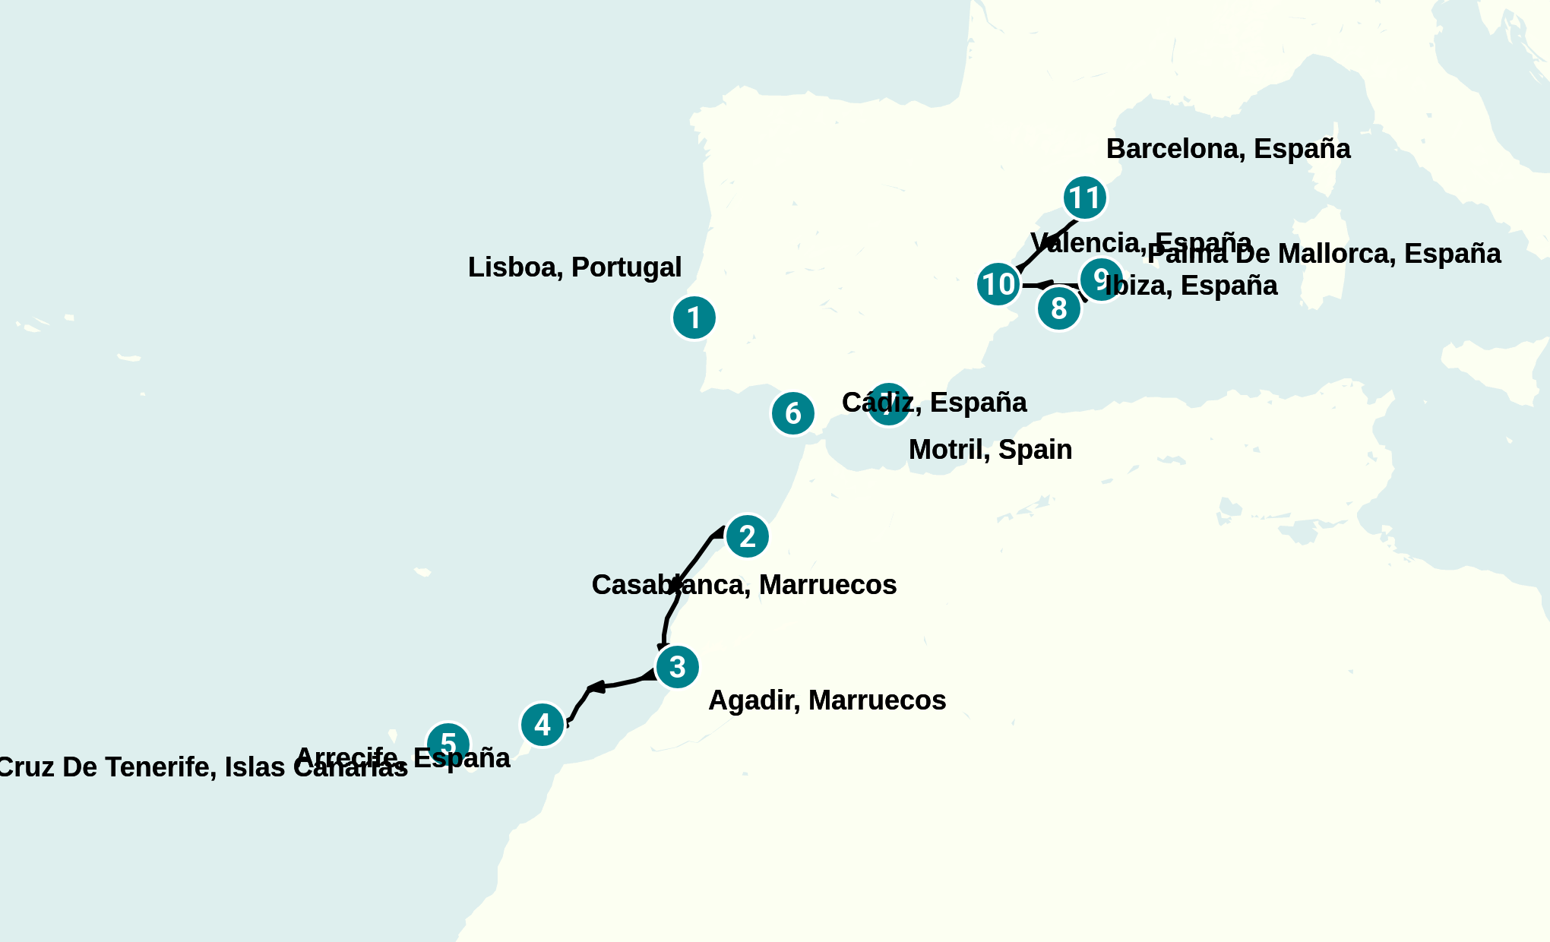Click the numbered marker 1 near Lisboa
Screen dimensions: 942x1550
tap(694, 318)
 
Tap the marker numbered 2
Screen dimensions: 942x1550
tap(747, 536)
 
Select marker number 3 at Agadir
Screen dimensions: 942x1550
tap(677, 667)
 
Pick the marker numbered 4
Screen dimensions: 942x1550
tap(542, 725)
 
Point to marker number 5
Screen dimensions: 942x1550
tap(448, 743)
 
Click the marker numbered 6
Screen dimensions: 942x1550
tap(792, 413)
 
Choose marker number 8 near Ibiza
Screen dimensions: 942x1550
tap(1058, 308)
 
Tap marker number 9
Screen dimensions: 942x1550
tap(1101, 279)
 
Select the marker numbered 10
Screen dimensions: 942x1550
tap(998, 284)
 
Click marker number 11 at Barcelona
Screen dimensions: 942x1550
tap(1084, 198)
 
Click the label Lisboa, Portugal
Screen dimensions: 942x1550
tap(574, 267)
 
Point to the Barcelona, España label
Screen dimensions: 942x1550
tap(1228, 149)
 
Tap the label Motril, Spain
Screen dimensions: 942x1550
tap(990, 450)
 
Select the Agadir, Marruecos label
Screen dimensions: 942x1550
tap(827, 700)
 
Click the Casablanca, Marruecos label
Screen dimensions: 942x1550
tap(744, 585)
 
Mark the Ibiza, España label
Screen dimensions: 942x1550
tap(1193, 286)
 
